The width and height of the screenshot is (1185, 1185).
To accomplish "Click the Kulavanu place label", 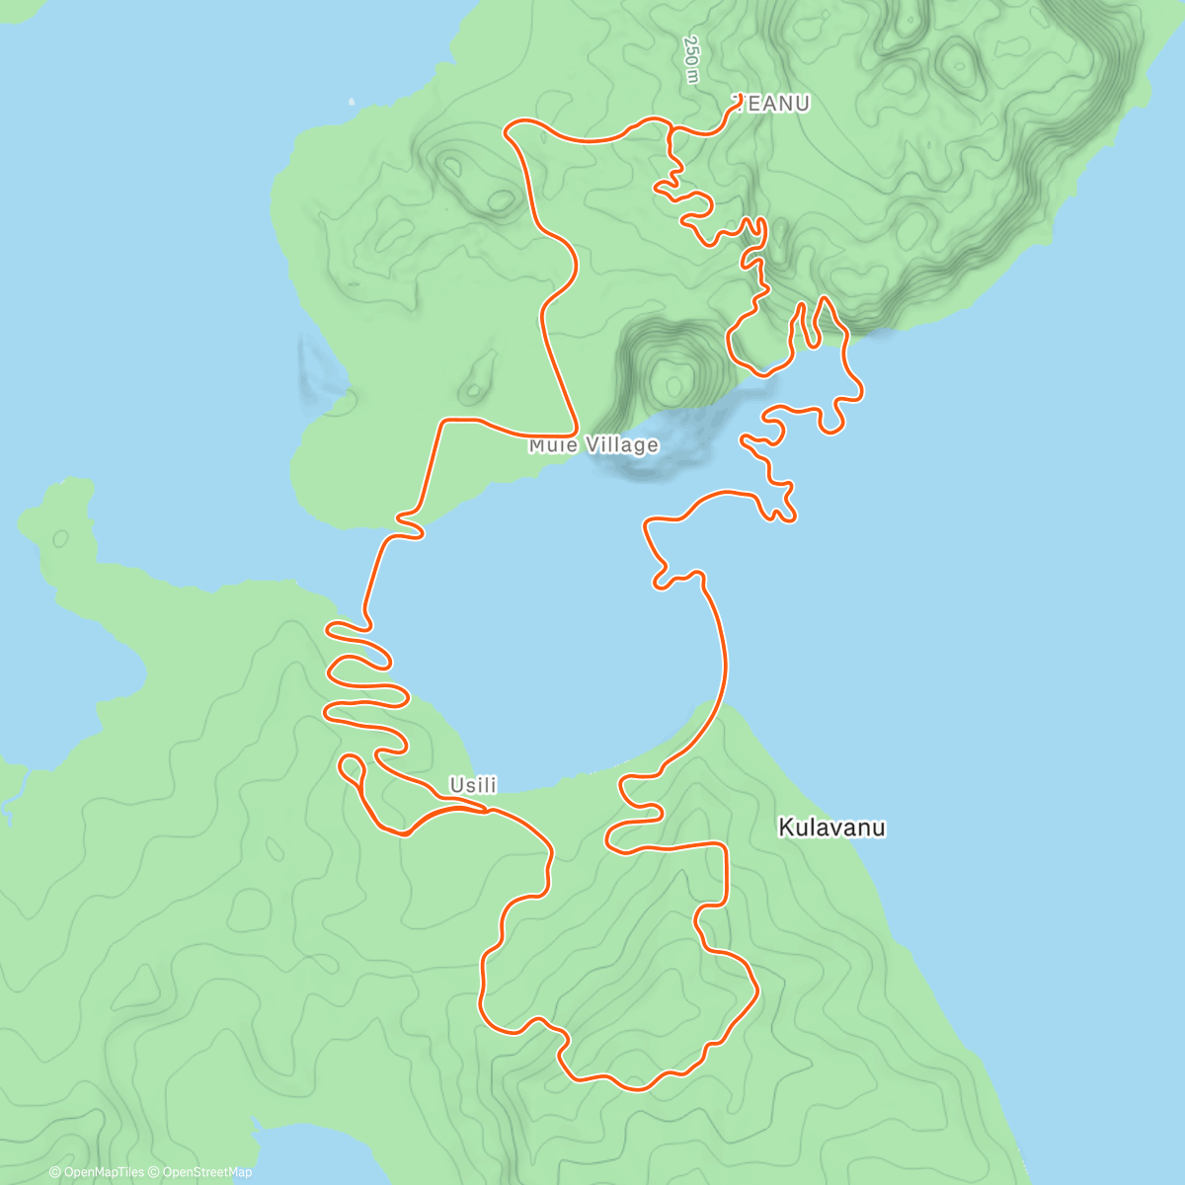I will [831, 828].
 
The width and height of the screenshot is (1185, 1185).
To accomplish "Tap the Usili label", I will [473, 785].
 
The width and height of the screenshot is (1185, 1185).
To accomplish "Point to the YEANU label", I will [772, 104].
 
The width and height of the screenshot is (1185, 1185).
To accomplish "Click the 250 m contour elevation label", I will [692, 59].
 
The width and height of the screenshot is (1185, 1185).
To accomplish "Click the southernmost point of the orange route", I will [637, 1089].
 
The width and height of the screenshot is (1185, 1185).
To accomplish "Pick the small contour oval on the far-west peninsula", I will [61, 539].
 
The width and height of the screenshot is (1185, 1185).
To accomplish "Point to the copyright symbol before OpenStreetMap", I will [155, 1172].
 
